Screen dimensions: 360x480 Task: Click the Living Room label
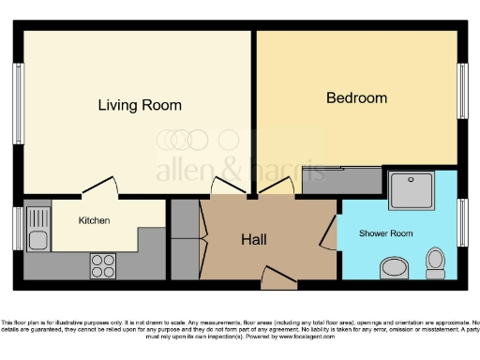tap(140, 105)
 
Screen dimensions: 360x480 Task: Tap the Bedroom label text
tap(356, 97)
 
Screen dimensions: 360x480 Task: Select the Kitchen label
tap(94, 221)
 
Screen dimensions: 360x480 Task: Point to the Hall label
tap(253, 240)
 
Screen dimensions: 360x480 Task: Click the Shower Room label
tap(386, 232)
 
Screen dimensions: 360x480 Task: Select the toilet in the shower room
tap(435, 262)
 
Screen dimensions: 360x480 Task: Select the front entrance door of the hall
tap(278, 275)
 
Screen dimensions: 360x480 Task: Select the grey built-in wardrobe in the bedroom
tap(342, 181)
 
